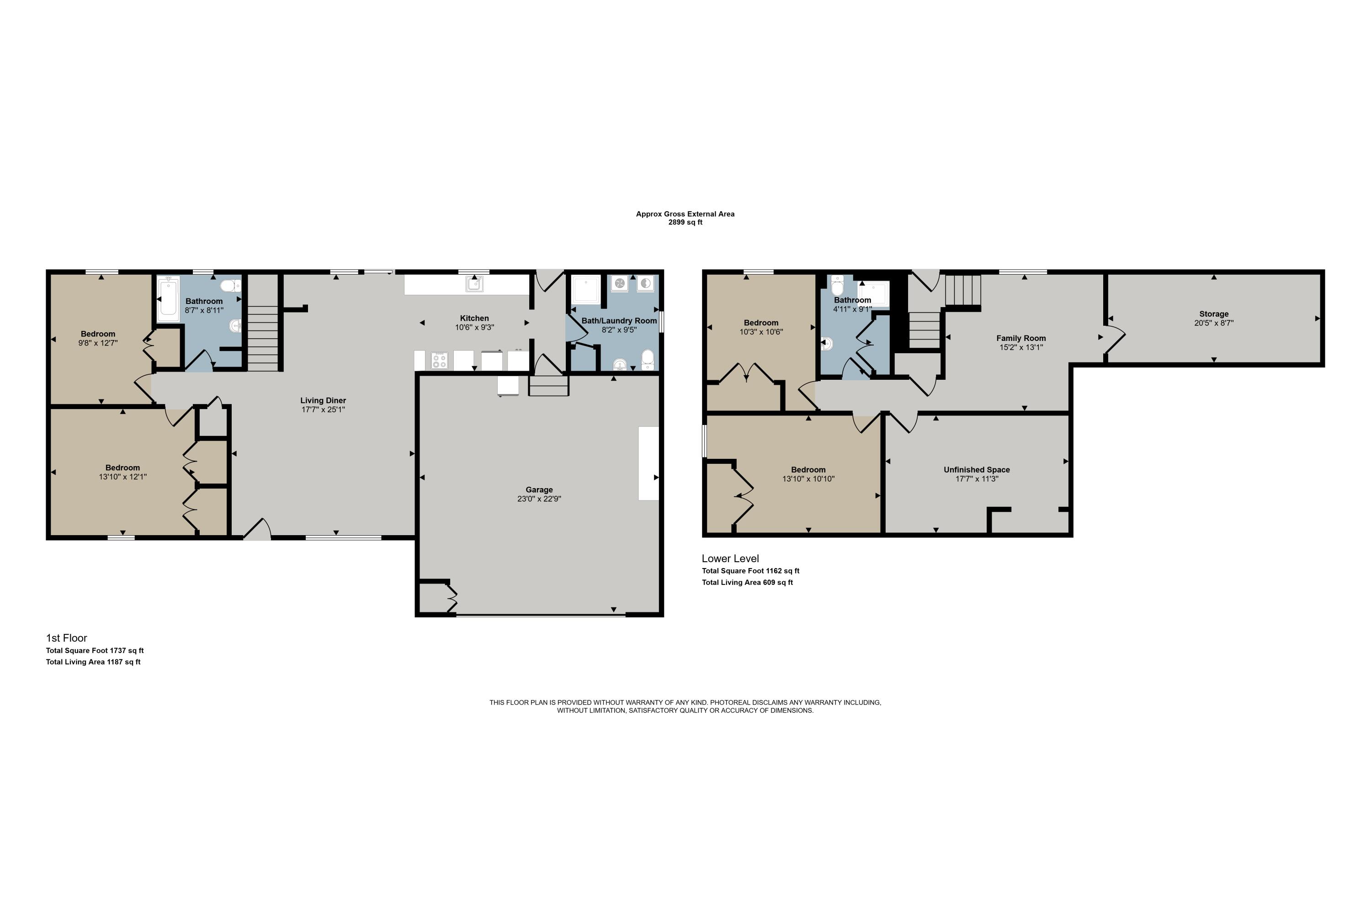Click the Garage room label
tap(539, 489)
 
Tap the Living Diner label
tap(323, 400)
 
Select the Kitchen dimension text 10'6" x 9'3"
tap(474, 328)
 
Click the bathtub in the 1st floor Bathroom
tap(168, 299)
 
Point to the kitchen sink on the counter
tap(474, 284)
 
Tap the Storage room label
tap(1214, 314)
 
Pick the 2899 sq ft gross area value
tap(685, 222)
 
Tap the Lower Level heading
tap(730, 558)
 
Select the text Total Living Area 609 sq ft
tap(747, 582)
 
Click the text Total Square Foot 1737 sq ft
tap(95, 650)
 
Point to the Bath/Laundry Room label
tap(619, 321)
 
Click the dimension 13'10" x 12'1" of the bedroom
tap(122, 477)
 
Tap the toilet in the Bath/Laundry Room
tap(647, 359)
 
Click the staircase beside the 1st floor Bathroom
tap(263, 338)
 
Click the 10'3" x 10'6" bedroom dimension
tap(761, 332)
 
